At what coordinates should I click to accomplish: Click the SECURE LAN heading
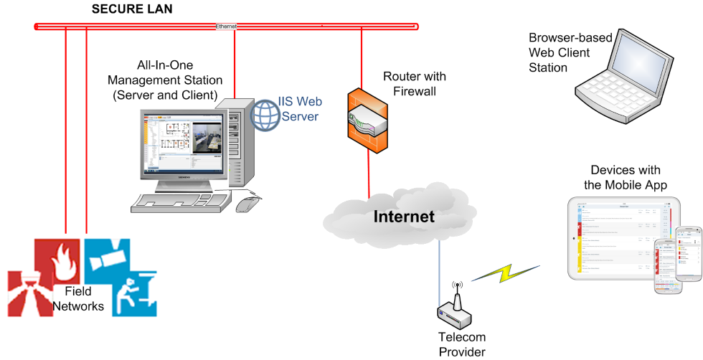132,9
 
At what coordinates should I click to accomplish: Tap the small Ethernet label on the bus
226,27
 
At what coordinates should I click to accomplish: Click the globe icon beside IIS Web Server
264,113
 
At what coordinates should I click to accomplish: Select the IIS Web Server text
299,109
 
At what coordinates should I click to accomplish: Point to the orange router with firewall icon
368,120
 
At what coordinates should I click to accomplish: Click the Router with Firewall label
414,84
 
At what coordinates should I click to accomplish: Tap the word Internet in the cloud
404,216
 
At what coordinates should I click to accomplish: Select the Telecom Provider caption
462,344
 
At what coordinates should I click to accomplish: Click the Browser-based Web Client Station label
559,52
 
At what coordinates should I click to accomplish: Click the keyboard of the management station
182,203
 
